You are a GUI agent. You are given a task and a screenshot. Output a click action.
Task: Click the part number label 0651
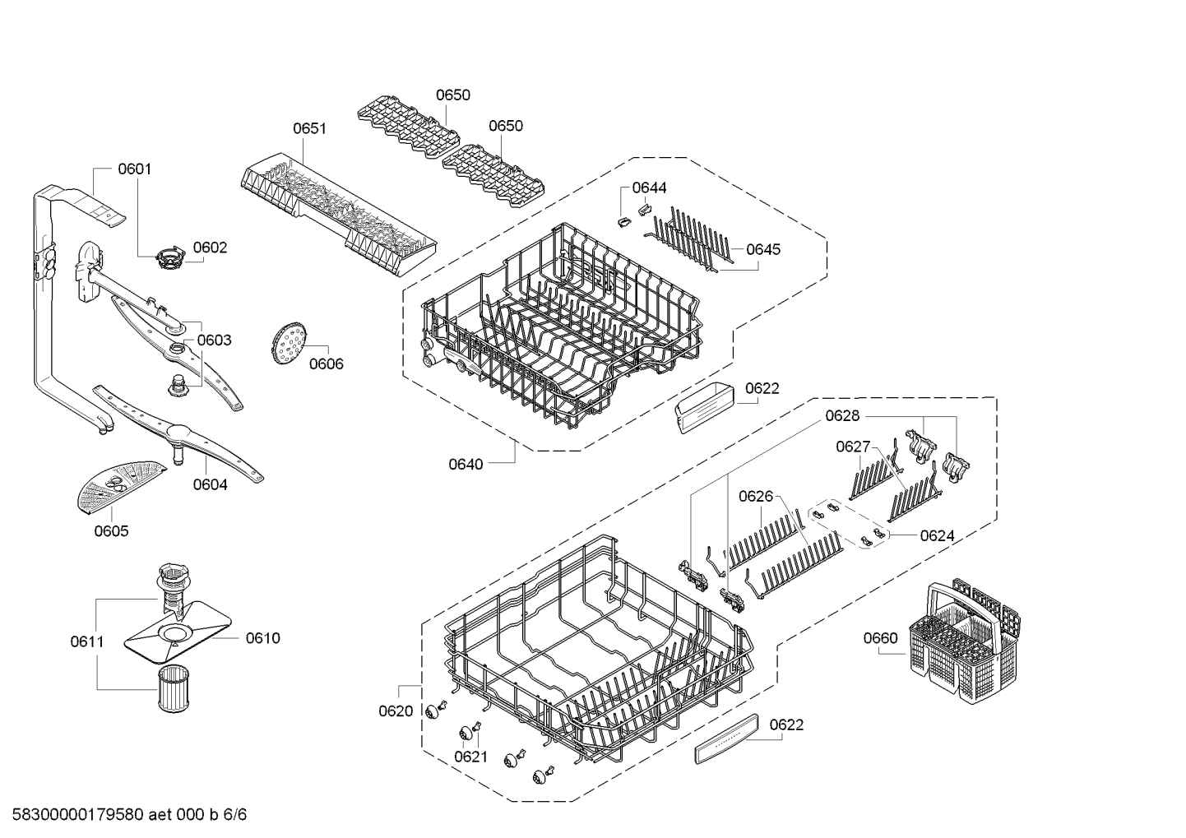pos(310,128)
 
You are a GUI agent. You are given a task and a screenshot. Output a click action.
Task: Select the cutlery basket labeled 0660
pos(965,641)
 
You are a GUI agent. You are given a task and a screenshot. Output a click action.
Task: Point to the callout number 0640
pos(466,465)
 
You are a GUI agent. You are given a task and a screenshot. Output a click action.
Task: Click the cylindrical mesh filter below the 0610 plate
pos(174,688)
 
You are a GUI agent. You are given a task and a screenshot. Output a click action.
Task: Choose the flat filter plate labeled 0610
pos(178,632)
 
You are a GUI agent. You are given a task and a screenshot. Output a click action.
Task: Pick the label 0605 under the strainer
pos(111,531)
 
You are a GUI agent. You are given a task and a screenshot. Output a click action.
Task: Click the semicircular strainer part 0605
pos(121,487)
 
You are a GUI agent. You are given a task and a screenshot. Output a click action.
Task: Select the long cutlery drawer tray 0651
pos(339,214)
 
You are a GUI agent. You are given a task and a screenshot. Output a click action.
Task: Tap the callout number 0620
pos(396,711)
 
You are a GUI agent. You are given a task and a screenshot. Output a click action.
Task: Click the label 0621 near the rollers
pos(470,757)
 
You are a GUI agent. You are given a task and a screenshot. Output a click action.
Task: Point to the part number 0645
pos(763,249)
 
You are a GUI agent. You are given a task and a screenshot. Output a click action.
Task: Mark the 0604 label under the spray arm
pos(211,484)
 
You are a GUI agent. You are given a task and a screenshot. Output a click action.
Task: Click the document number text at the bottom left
pos(130,814)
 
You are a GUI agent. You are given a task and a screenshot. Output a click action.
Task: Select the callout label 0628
pos(842,415)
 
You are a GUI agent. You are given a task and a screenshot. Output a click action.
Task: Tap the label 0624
pos(937,535)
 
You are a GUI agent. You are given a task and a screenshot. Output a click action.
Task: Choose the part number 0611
pos(87,641)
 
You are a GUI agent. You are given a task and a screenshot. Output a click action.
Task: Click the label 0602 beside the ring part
pos(211,248)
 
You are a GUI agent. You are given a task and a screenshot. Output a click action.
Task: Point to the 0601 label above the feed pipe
pos(135,169)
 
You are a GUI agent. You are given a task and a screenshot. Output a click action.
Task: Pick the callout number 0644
pos(650,188)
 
